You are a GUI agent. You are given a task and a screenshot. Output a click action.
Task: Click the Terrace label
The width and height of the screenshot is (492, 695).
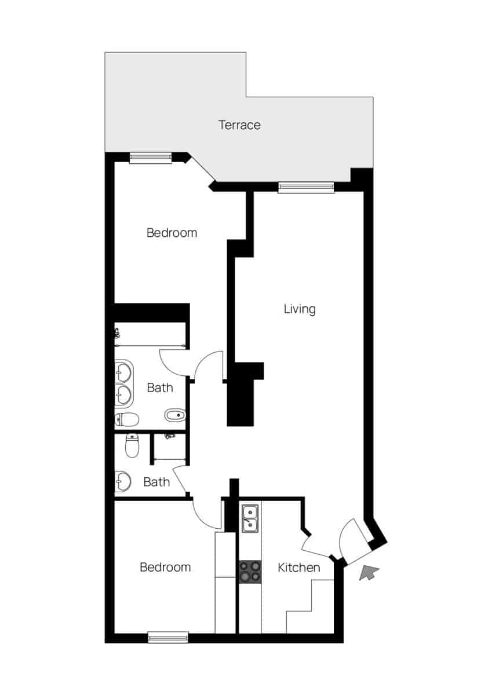tap(239, 125)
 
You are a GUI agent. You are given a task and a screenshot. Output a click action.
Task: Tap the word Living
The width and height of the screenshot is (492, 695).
tap(300, 309)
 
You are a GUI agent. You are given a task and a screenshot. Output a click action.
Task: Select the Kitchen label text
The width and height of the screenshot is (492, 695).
tap(298, 567)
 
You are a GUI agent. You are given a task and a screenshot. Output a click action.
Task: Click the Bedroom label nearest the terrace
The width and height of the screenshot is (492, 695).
tap(172, 233)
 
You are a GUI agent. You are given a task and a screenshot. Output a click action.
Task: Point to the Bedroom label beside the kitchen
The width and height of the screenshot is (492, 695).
tap(165, 567)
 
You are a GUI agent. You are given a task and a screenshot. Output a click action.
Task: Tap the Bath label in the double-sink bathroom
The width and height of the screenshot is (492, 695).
tap(159, 387)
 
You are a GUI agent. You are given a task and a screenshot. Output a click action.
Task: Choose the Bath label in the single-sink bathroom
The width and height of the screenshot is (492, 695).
tap(156, 481)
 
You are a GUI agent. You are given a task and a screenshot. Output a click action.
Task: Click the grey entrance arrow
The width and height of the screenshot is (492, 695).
tap(369, 573)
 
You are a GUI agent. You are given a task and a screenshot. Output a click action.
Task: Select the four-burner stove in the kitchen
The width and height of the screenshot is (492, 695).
tap(250, 572)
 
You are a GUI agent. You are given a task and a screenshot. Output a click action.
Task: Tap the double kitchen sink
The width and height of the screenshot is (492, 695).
tap(250, 518)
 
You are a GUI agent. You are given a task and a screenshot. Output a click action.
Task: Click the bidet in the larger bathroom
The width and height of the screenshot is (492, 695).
tap(175, 415)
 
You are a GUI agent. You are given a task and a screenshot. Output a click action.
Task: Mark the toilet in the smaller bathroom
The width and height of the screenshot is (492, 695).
tap(133, 445)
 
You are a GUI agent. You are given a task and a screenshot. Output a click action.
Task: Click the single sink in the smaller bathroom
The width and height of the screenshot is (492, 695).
tap(122, 480)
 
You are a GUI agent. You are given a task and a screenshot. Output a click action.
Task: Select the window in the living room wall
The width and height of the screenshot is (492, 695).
tap(306, 187)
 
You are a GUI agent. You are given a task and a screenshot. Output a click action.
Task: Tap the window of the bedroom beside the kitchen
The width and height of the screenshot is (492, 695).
tap(168, 637)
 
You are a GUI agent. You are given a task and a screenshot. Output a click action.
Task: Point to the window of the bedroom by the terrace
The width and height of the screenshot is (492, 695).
tap(151, 158)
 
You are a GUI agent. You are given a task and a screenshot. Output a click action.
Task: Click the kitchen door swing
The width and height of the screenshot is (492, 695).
tap(316, 544)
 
